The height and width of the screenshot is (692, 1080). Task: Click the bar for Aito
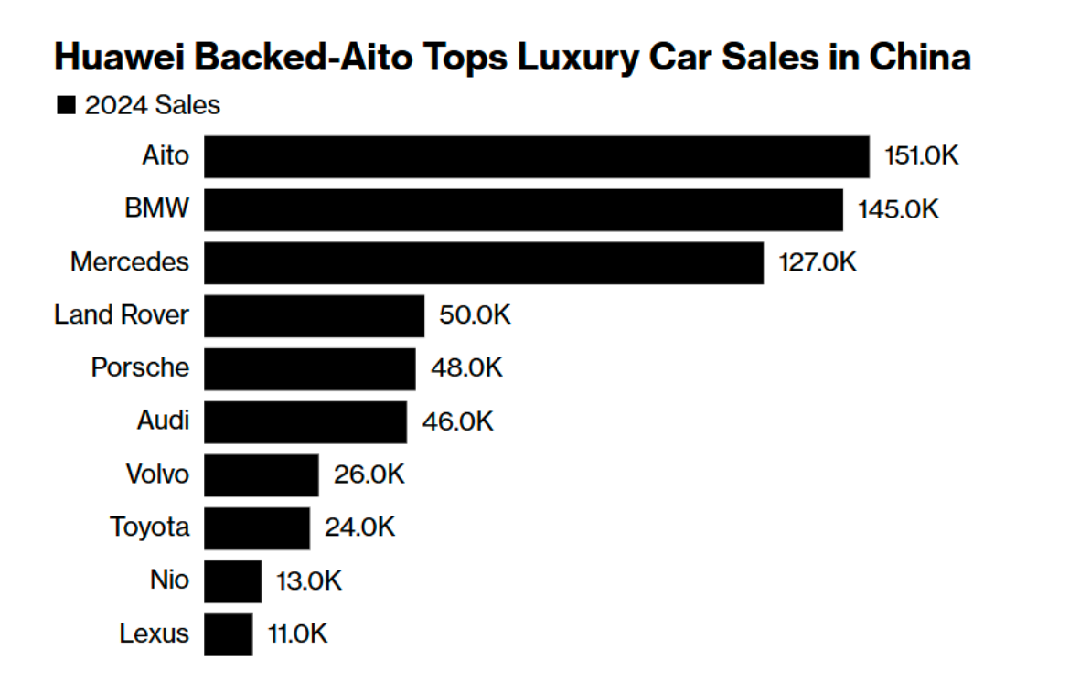click(536, 156)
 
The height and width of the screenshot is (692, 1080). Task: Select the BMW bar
click(523, 209)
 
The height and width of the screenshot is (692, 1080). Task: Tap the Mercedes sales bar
click(483, 262)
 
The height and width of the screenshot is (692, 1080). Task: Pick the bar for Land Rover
click(314, 315)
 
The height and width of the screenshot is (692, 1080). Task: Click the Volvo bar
click(261, 475)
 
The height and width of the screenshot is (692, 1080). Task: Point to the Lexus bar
click(228, 634)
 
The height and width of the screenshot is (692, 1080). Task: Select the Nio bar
click(232, 581)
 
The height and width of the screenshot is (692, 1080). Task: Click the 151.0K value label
click(921, 156)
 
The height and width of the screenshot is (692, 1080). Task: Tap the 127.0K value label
click(817, 262)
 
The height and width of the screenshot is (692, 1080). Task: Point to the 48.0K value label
click(465, 368)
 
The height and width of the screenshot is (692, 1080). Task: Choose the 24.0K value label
click(359, 528)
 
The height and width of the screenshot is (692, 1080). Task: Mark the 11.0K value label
click(297, 634)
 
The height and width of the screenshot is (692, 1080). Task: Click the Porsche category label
click(140, 368)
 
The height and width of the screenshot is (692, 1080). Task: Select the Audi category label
click(163, 421)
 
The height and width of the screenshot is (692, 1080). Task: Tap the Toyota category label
click(150, 528)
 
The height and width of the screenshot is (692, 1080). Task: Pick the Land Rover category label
click(122, 315)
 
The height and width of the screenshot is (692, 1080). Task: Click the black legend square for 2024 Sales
click(66, 106)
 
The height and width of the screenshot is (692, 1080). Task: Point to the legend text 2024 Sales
click(153, 106)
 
